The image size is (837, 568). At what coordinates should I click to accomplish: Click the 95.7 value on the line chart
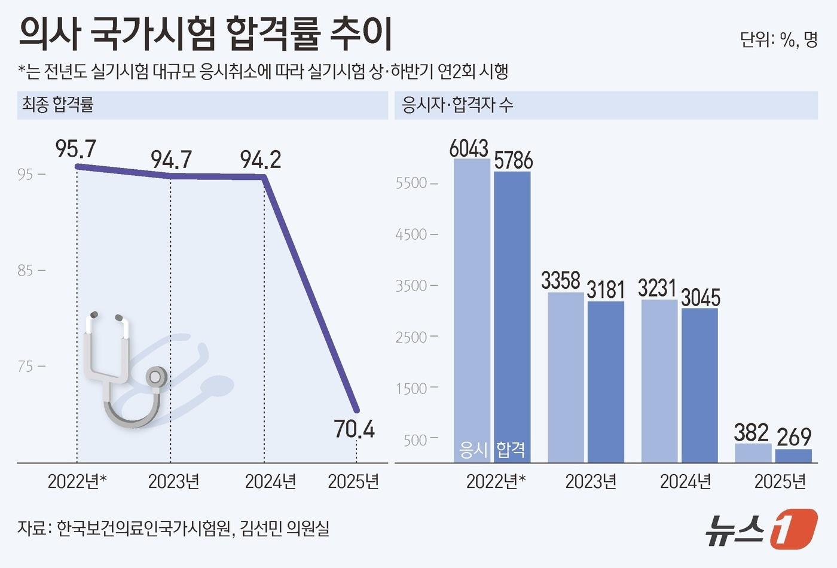pos(75,149)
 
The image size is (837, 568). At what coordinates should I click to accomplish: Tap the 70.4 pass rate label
pos(354,429)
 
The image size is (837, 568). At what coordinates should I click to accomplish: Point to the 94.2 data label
pos(261,160)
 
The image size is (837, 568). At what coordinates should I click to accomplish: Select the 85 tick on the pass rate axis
pos(25,271)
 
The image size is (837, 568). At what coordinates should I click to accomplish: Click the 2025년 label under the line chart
pos(353,481)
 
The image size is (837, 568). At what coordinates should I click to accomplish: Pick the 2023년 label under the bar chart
pos(591,481)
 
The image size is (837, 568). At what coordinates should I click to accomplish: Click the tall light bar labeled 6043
pos(472,299)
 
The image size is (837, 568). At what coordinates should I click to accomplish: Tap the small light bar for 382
pos(753,453)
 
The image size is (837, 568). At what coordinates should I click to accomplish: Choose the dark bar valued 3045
pos(699,383)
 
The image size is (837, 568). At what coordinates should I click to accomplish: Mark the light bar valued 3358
pos(566,377)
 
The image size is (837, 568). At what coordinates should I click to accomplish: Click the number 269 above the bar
pos(794,437)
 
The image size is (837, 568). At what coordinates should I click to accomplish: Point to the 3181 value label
pos(606,290)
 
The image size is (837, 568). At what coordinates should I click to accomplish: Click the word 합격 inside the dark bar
pos(511,449)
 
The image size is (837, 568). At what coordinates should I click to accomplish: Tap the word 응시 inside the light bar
pos(474,449)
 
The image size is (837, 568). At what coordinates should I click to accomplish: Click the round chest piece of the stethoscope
pos(155,377)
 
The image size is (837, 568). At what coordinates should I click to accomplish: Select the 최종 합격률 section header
pos(58,105)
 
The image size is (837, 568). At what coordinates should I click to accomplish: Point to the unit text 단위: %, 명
pos(778,40)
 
